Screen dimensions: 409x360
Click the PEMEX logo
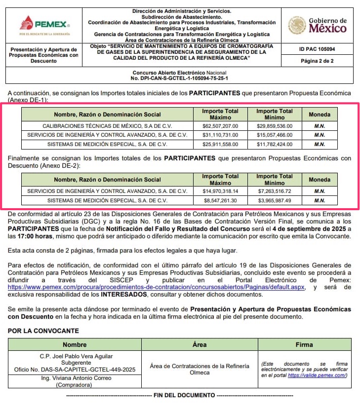45,24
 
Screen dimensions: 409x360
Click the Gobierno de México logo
318,25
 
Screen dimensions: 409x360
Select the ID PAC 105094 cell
317,49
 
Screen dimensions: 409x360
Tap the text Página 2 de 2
317,61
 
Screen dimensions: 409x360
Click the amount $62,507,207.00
220,126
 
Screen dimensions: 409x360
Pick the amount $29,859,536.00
275,126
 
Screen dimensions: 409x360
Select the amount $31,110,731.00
220,135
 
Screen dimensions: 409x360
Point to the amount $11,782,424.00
275,145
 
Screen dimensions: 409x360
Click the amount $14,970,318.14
220,191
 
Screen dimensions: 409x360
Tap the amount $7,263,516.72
275,191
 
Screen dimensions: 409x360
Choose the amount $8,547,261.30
220,200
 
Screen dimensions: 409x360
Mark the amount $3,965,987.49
275,200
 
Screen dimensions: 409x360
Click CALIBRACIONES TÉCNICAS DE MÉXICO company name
107,126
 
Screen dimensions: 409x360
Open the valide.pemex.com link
317,375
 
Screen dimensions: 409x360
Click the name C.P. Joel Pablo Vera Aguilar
76,356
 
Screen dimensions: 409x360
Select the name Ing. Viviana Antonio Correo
76,378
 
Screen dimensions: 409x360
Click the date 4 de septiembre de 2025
303,228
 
